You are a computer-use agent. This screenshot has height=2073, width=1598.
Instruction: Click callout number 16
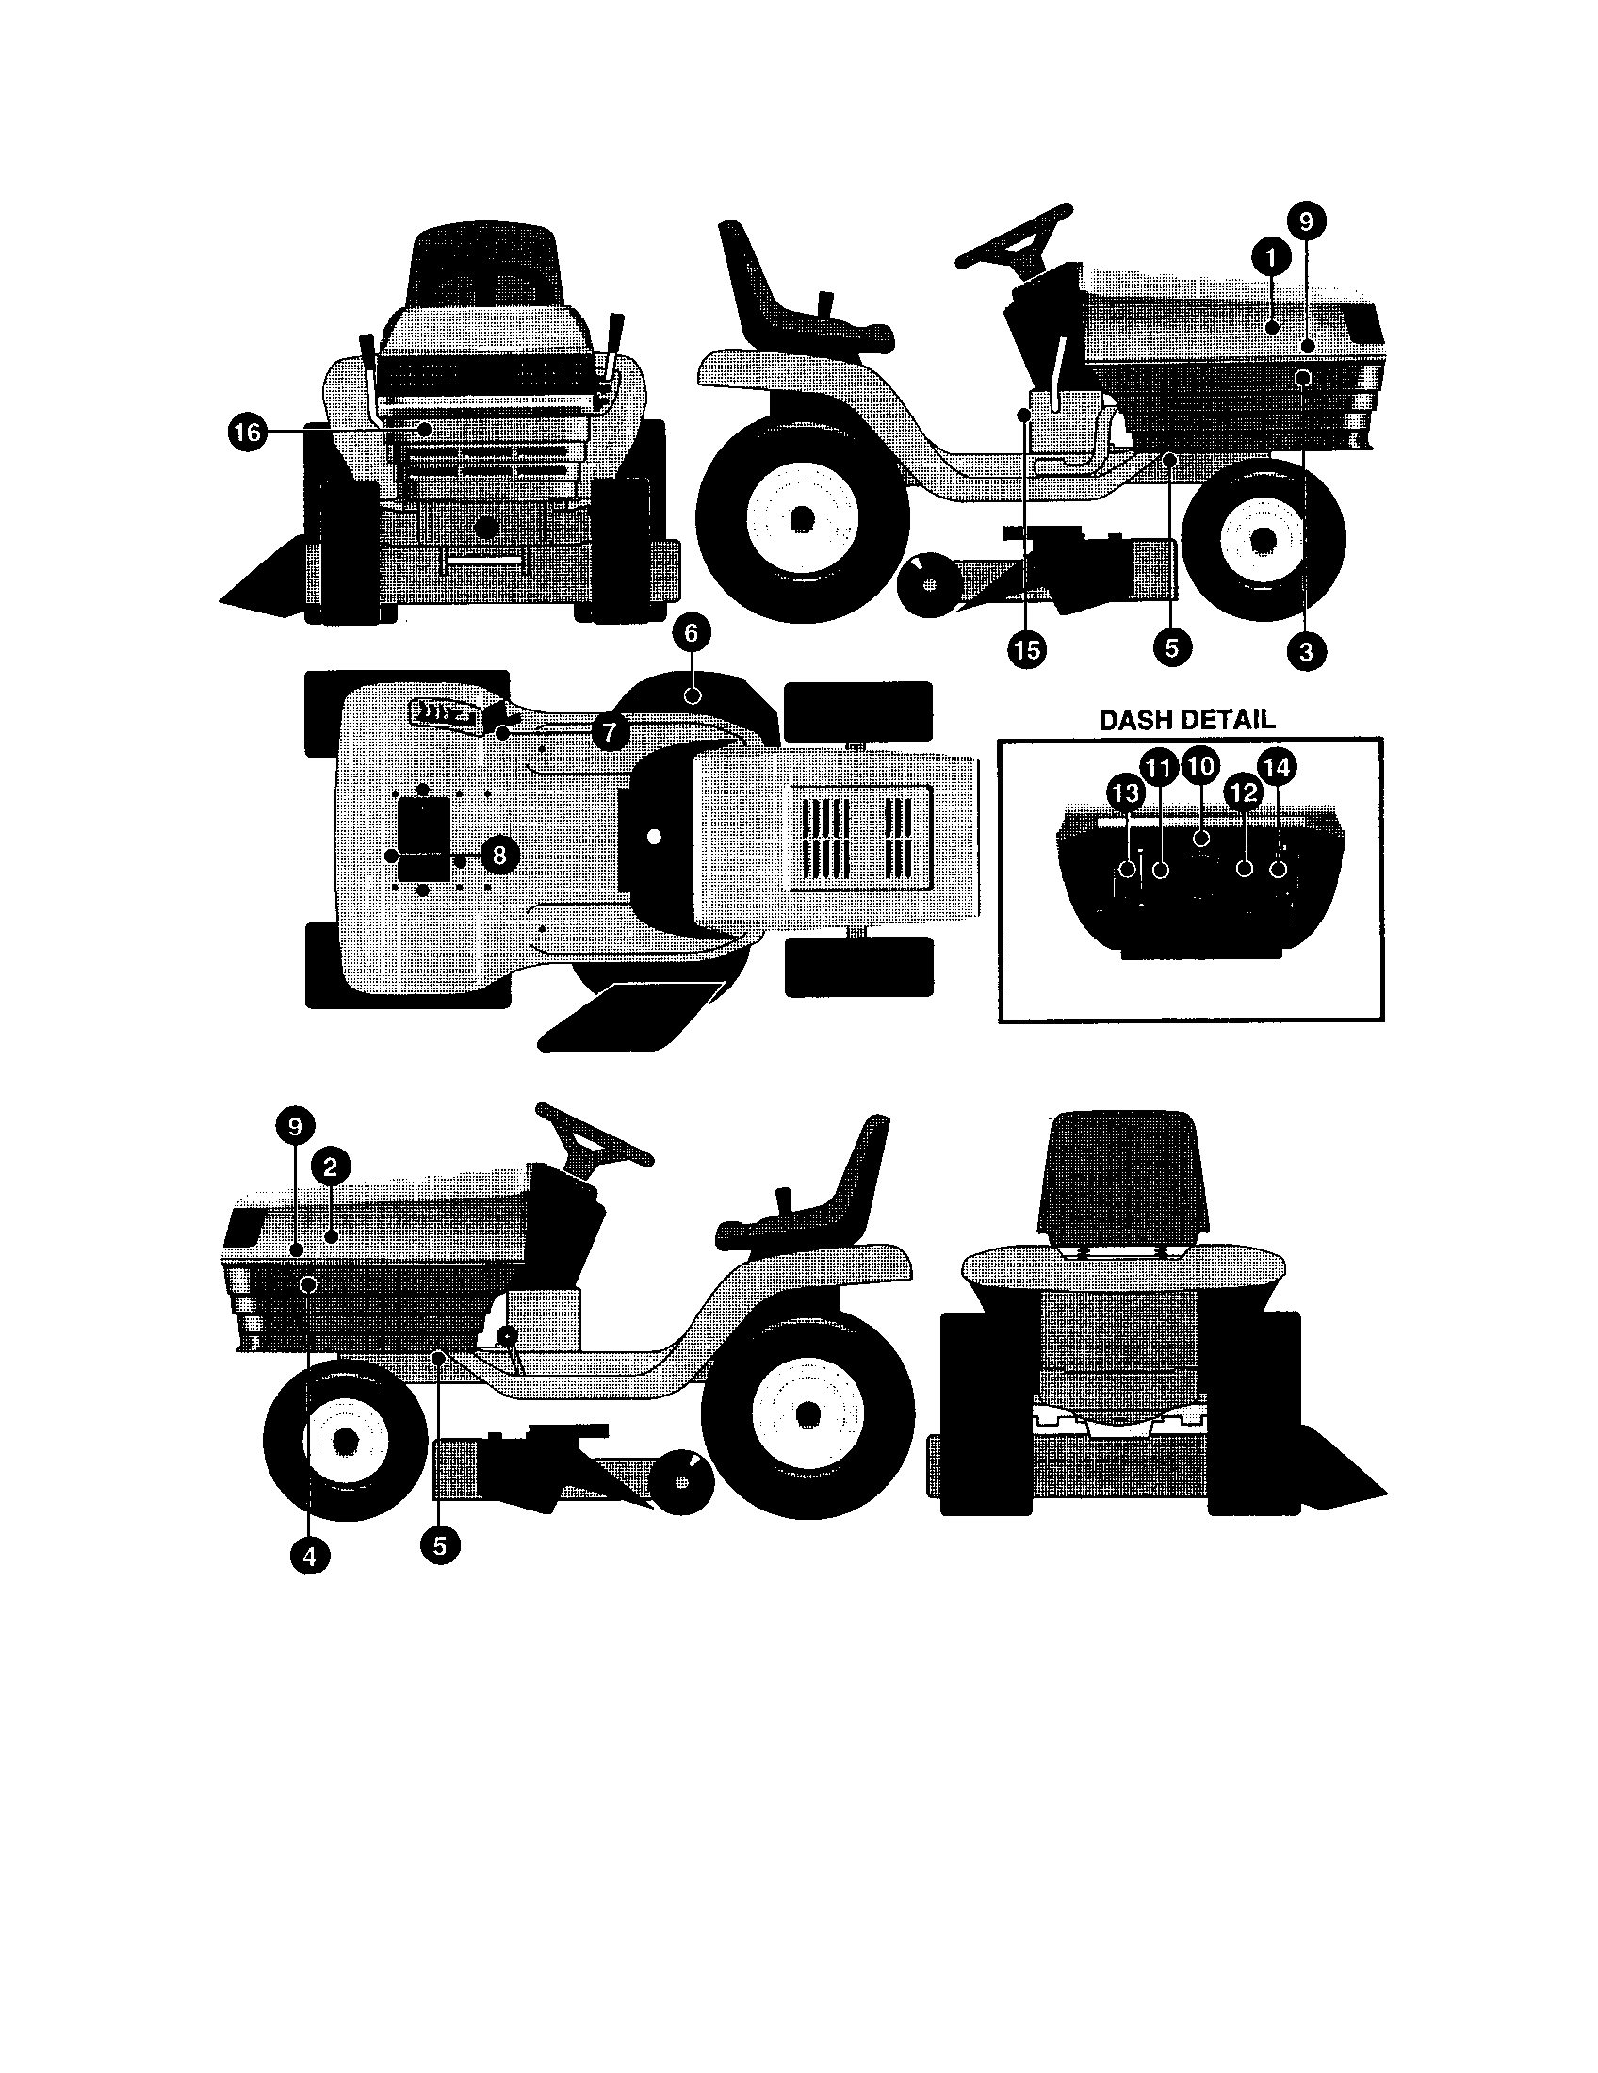pos(246,433)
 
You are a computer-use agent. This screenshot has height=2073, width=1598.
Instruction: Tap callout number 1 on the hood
pos(1271,255)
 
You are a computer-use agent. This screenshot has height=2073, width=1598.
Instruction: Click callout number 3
pos(1306,651)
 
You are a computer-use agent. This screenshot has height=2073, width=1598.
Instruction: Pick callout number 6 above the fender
pos(691,632)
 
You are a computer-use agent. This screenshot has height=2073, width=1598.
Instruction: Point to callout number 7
pos(610,731)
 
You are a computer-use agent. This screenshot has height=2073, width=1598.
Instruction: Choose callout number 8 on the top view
pos(499,856)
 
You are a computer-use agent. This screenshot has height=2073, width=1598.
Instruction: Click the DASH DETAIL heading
pos(1186,720)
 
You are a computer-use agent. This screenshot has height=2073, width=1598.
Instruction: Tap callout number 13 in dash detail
pos(1125,792)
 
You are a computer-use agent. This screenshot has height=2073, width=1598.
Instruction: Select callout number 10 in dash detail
pos(1201,765)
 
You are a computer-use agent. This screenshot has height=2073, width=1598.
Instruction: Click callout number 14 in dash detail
pos(1277,767)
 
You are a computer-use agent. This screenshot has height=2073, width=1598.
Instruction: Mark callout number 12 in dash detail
pos(1243,791)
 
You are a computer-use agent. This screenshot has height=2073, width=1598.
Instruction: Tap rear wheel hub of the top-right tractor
pos(803,518)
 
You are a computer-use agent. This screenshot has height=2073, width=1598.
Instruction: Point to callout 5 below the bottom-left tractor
pos(439,1545)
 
